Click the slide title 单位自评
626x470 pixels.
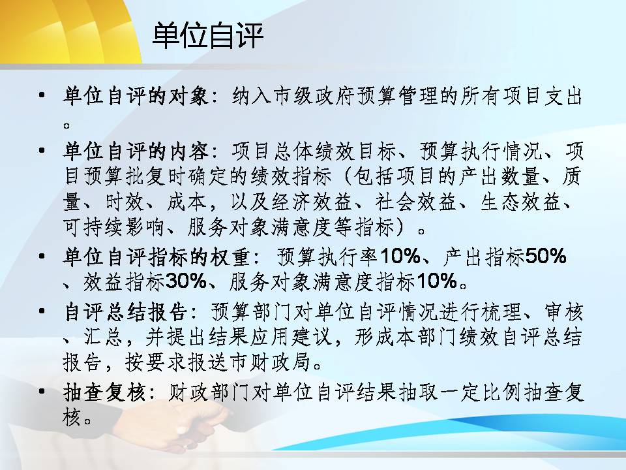tap(207, 36)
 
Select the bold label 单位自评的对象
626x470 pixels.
tap(136, 97)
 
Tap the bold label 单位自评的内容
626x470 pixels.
tap(136, 151)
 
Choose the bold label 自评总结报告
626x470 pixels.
tap(125, 312)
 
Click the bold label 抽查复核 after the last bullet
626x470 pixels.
tap(104, 392)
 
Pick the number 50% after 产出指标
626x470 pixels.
tap(545, 256)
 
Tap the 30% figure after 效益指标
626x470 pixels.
tap(186, 281)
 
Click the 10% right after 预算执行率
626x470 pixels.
tap(400, 256)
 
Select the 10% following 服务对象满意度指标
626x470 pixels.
tap(437, 281)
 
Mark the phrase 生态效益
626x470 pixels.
tap(520, 202)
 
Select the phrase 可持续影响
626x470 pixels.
tap(113, 227)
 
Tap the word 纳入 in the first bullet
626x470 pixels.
tap(252, 97)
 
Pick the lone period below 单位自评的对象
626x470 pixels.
tap(67, 125)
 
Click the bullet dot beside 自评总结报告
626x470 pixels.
tap(42, 311)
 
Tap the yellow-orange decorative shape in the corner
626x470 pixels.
tap(68, 30)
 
